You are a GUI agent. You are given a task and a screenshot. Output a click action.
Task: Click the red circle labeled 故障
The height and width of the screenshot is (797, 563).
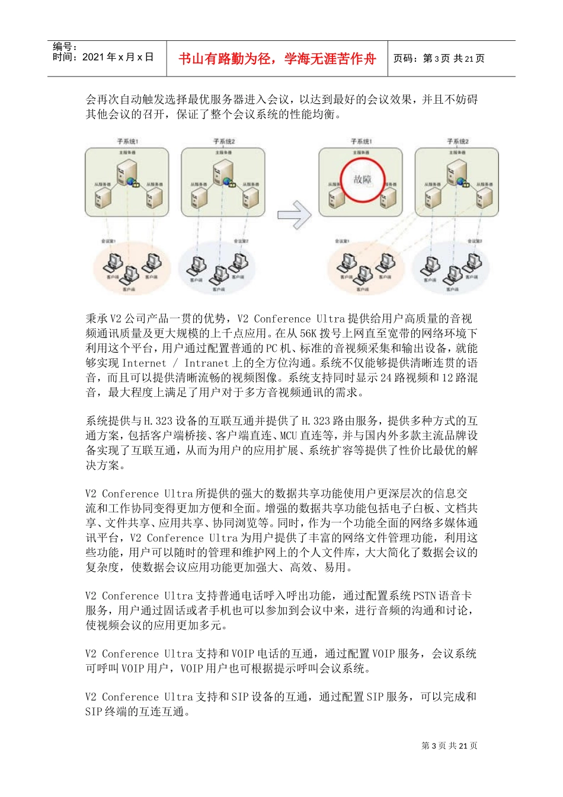[362, 180]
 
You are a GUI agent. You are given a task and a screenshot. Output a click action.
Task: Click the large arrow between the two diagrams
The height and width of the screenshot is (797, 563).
[295, 215]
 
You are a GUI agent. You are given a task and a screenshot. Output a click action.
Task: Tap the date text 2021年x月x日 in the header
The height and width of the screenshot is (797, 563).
[118, 58]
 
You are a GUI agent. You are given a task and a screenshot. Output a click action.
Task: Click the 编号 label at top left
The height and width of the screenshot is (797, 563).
[65, 46]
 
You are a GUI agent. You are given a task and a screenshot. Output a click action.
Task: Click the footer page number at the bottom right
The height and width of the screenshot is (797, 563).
[449, 746]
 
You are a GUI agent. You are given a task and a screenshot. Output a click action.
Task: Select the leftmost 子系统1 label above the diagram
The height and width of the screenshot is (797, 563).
[127, 142]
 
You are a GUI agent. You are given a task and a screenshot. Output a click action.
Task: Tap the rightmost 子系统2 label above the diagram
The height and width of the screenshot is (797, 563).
[458, 142]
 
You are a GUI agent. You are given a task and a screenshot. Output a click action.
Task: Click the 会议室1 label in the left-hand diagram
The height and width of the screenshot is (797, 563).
[109, 241]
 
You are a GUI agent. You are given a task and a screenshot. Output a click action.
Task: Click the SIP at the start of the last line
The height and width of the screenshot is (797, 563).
[93, 712]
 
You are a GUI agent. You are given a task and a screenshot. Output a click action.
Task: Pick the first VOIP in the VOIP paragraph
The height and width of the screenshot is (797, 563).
[242, 654]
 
